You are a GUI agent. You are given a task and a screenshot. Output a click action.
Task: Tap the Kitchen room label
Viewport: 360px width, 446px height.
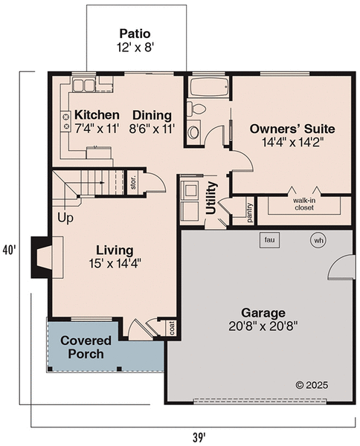pyautogui.click(x=97, y=121)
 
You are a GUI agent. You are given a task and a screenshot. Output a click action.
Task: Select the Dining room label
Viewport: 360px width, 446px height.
pyautogui.click(x=152, y=121)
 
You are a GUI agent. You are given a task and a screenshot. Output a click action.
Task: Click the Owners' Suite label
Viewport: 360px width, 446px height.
pyautogui.click(x=286, y=133)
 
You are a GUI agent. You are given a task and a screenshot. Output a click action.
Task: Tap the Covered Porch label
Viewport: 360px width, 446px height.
pyautogui.click(x=86, y=347)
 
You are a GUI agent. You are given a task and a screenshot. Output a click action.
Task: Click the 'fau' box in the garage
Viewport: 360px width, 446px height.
pyautogui.click(x=269, y=240)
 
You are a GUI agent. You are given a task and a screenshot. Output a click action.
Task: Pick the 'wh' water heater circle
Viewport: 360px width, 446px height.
pyautogui.click(x=318, y=240)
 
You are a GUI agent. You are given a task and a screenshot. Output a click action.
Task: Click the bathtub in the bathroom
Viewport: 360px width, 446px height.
pyautogui.click(x=207, y=87)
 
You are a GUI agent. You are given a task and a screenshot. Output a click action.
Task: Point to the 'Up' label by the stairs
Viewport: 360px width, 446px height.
pyautogui.click(x=65, y=219)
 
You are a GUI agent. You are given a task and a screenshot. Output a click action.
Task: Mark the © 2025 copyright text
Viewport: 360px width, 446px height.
pyautogui.click(x=312, y=385)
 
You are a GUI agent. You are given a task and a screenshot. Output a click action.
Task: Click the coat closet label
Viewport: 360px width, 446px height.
pyautogui.click(x=171, y=328)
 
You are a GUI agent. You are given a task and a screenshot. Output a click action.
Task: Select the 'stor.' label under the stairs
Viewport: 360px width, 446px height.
pyautogui.click(x=134, y=183)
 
